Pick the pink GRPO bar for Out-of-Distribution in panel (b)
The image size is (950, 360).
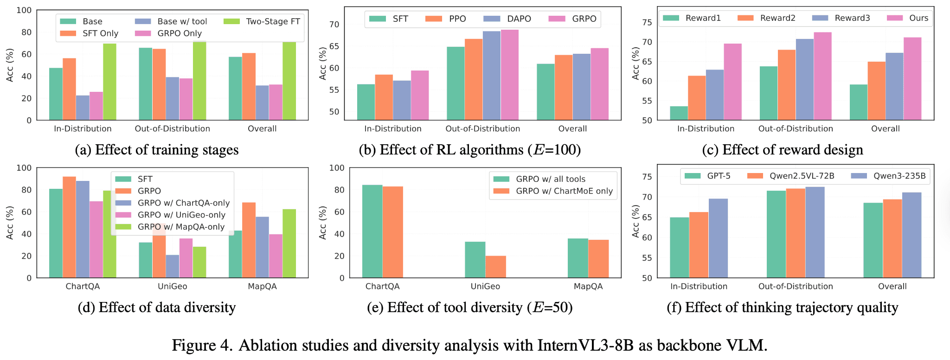coord(509,75)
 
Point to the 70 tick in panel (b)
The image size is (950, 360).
coord(334,24)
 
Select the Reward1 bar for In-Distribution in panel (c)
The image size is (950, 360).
coord(679,113)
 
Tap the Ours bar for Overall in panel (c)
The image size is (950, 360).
coord(912,78)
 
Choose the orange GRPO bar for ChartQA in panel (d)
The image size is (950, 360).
coord(69,227)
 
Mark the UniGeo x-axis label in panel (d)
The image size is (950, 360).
coord(172,286)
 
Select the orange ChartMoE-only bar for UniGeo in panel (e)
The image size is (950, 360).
coord(495,267)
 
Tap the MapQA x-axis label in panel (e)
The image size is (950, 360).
coord(588,286)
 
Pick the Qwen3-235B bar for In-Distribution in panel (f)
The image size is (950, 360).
coord(718,238)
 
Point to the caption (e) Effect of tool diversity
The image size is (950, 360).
coord(469,308)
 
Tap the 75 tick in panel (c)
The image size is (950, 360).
coord(648,22)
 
